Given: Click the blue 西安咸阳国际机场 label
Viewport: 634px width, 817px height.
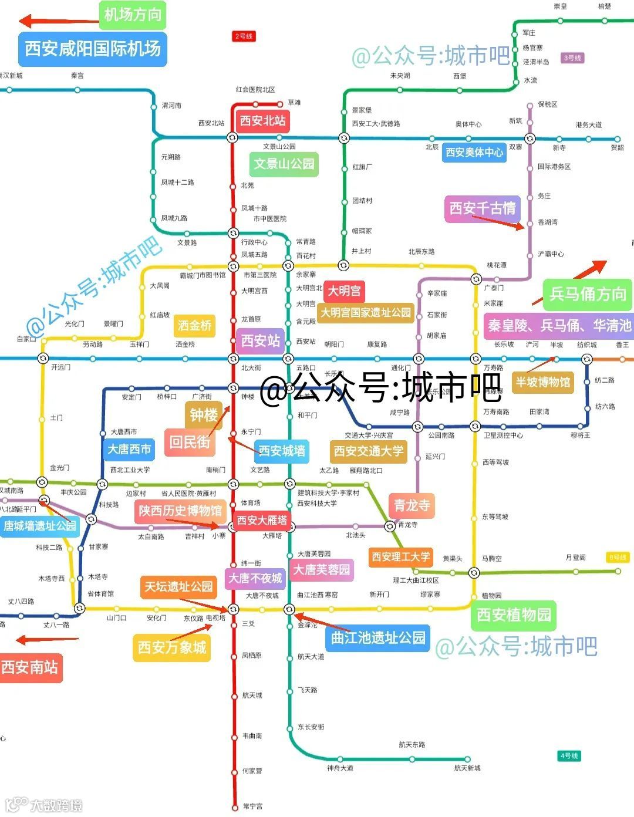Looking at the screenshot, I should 93,48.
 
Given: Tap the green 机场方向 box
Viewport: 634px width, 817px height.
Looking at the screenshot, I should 133,15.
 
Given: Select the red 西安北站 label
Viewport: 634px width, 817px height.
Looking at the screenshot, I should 262,121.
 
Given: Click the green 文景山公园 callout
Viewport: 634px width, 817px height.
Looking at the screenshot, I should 284,164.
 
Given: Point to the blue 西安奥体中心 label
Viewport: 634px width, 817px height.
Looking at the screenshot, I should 474,153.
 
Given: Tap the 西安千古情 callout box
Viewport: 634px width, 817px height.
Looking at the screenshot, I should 483,208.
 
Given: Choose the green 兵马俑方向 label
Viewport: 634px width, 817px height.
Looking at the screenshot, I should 588,293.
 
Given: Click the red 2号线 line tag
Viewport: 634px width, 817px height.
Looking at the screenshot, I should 244,36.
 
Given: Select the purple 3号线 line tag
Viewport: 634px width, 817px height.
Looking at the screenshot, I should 572,58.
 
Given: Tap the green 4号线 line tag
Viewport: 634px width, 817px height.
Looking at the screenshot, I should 569,756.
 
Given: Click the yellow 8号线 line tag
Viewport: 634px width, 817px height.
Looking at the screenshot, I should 618,557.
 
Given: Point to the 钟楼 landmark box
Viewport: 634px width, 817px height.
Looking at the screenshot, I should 204,415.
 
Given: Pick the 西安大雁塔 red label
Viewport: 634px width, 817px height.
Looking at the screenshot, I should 262,520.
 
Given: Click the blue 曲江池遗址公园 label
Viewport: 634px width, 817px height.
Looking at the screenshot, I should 378,637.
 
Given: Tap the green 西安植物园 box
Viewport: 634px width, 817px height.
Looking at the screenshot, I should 514,615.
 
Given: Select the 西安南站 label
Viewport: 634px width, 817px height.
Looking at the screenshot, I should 29,667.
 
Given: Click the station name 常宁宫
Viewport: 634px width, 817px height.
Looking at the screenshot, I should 253,806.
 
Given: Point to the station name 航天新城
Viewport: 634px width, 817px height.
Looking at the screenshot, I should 467,768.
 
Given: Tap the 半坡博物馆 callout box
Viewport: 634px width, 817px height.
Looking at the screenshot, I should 543,383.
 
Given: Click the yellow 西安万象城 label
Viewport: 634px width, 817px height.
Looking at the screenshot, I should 172,647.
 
